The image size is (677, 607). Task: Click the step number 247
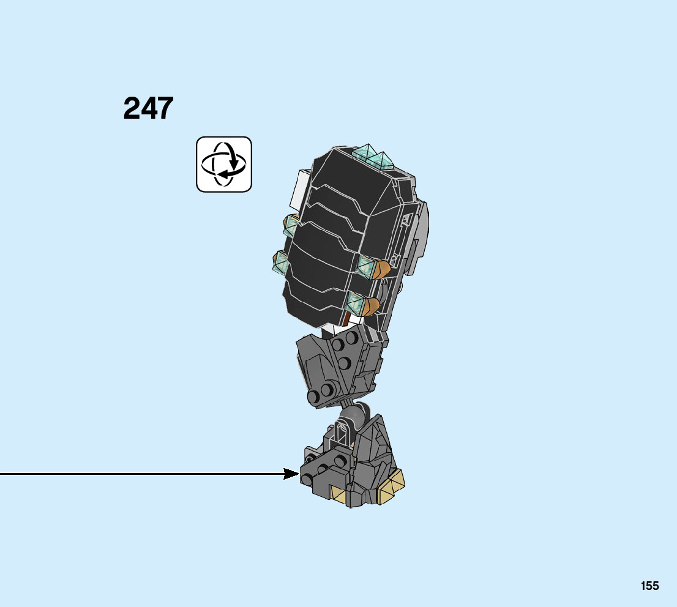[149, 109]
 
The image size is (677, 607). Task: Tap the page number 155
[649, 586]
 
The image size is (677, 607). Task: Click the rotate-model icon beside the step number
[224, 164]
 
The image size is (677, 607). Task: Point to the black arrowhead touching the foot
[292, 474]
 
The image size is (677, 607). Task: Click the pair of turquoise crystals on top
[375, 155]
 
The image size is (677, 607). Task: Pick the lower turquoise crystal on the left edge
[282, 262]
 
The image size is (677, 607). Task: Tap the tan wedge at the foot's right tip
[392, 488]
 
